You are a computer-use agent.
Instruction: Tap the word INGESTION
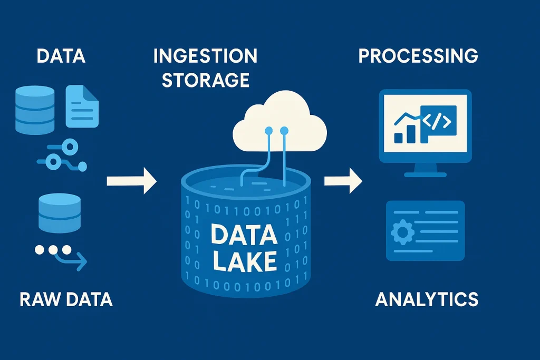click(x=205, y=56)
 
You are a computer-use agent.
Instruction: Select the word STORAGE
click(x=205, y=80)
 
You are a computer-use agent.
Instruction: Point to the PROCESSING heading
click(x=418, y=56)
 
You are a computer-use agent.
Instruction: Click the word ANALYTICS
click(x=427, y=299)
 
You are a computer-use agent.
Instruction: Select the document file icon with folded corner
click(x=82, y=107)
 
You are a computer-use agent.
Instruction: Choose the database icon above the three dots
click(x=60, y=212)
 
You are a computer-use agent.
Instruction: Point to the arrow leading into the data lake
click(x=132, y=181)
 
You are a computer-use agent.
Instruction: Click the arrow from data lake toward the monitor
click(x=343, y=181)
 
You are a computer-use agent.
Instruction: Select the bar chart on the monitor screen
click(x=406, y=129)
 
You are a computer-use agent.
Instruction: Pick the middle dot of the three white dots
click(x=53, y=250)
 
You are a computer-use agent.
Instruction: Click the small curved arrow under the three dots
click(x=74, y=259)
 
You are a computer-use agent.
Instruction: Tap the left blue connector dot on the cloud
click(x=268, y=130)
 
